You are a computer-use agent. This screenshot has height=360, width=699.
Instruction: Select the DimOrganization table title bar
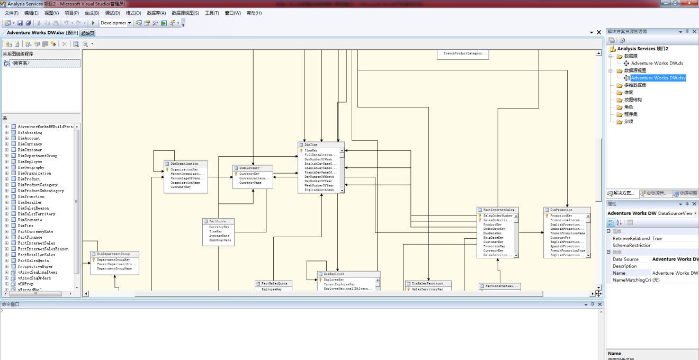tap(185, 164)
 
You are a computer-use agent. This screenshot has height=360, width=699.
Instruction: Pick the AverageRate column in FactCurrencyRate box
tap(219, 236)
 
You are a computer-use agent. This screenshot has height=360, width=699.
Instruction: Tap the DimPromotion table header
tap(566, 210)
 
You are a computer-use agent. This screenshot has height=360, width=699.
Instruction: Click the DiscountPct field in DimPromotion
tap(560, 238)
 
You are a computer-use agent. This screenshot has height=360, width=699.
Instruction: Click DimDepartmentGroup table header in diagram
tap(114, 254)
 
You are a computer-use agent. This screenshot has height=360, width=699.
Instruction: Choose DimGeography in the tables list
tap(31, 167)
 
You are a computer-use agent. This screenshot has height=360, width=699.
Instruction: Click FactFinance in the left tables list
tap(30, 237)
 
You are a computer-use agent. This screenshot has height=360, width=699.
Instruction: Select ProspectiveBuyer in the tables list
tap(35, 266)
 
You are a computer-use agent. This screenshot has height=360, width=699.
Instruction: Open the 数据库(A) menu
tap(156, 13)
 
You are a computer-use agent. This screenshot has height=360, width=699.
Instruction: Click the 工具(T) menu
tap(212, 13)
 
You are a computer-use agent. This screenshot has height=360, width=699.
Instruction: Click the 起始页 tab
tap(88, 33)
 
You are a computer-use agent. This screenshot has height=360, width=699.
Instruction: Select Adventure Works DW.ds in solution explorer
tap(657, 64)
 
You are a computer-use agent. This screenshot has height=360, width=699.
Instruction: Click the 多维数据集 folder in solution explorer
tap(635, 85)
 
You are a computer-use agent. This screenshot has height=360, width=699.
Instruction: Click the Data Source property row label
tap(625, 259)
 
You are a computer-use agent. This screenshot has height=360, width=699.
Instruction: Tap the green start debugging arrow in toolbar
tap(93, 23)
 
